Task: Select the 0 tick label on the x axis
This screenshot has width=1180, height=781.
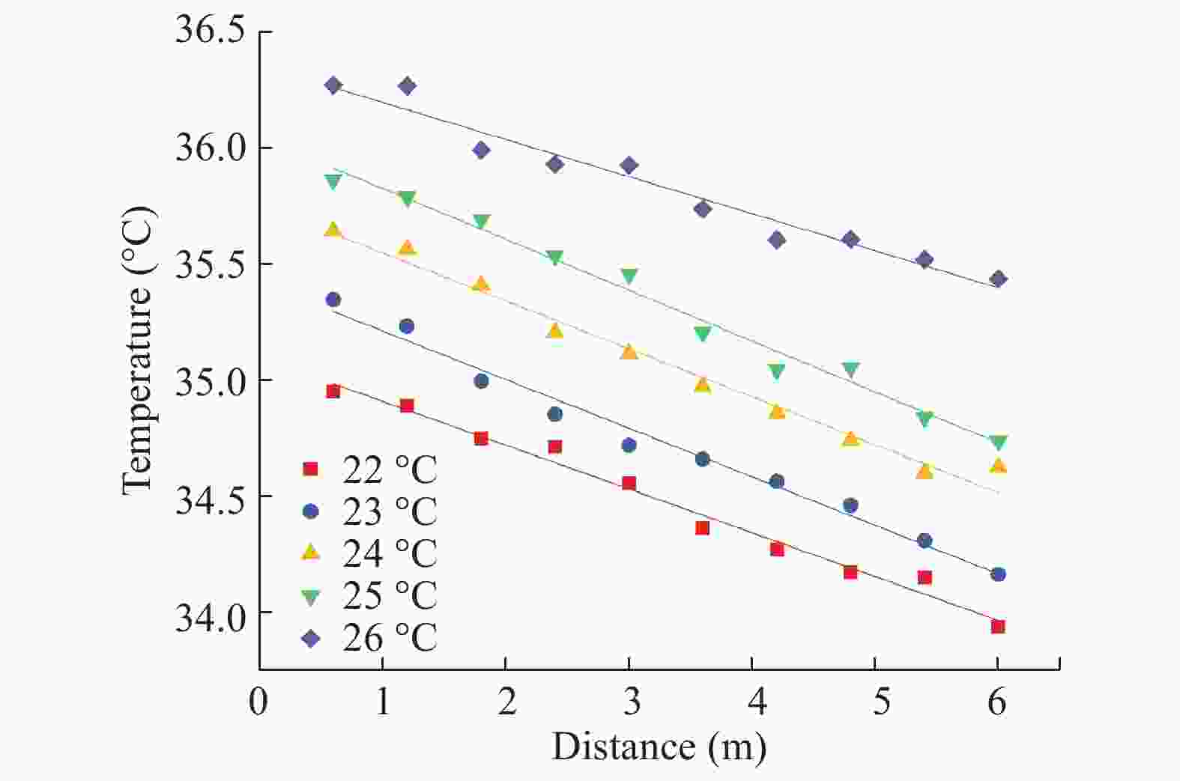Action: (258, 703)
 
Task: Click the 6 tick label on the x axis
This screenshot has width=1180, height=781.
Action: (997, 703)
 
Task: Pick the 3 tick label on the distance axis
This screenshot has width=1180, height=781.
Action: (629, 703)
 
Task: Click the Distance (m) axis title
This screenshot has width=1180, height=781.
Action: (659, 747)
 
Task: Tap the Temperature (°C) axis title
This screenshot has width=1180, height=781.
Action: (138, 350)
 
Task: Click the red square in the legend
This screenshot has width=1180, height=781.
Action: (310, 469)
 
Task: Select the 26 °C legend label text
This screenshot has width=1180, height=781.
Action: (390, 638)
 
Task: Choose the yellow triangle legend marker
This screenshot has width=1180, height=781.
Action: (310, 553)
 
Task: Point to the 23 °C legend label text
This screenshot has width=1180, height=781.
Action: (390, 511)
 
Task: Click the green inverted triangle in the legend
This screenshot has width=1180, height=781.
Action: (310, 597)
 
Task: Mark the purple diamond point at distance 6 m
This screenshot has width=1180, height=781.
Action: (998, 279)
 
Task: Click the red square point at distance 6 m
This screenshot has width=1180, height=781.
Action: (998, 627)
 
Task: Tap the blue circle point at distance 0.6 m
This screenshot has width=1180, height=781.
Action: (333, 300)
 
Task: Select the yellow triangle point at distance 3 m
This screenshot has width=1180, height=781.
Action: (629, 352)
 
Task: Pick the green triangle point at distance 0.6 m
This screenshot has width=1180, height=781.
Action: (333, 181)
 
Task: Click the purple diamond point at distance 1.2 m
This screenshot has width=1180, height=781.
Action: (407, 86)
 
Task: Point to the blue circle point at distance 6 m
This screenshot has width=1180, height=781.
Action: (998, 574)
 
